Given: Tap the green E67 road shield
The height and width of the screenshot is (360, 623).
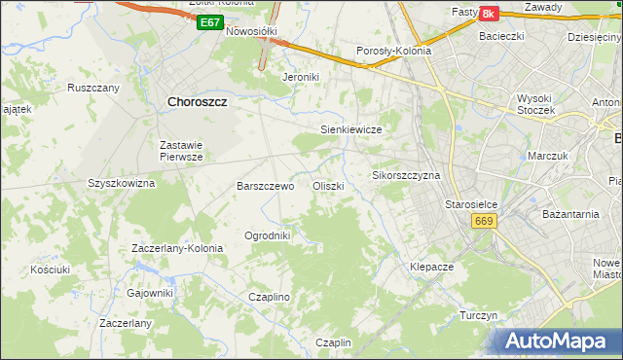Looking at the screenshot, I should coord(207,22).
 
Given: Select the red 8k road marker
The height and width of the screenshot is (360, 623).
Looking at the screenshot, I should coord(488,13).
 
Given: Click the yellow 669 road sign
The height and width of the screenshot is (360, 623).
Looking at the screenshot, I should coord(486,222).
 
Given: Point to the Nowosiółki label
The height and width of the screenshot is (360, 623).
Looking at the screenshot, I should coord(252,31).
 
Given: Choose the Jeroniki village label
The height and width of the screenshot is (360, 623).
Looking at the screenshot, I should coord(301,76).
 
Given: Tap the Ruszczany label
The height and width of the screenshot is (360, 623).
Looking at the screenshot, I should coord(93,88).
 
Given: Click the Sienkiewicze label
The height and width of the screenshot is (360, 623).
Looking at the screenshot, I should coord(349,129).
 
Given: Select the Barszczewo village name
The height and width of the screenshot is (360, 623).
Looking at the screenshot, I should coord(266,186).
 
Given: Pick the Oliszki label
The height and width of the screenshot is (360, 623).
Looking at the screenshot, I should coord(328,186).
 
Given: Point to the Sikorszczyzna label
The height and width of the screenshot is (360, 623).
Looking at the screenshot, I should coord(407,176).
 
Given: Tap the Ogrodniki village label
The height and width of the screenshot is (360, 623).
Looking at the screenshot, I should coord(267,235).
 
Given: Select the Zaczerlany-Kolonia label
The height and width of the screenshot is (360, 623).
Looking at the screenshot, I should coord(177,248).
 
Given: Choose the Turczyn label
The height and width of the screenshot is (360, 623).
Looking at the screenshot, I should coord(479,316).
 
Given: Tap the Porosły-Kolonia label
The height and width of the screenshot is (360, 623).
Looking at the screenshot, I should coord(393,53).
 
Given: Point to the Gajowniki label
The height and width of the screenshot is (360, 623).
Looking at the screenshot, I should coord(150,293).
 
